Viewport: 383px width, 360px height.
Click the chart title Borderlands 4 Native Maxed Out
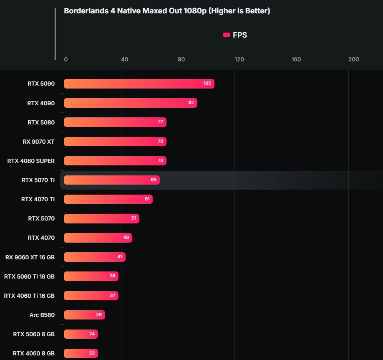pyautogui.click(x=167, y=11)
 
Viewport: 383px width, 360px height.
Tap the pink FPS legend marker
pyautogui.click(x=227, y=35)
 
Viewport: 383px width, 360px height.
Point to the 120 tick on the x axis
pyautogui.click(x=239, y=59)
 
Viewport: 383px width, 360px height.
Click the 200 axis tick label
pyautogui.click(x=353, y=59)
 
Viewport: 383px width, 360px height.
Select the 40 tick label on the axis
pyautogui.click(x=124, y=59)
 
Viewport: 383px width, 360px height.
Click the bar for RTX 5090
pyautogui.click(x=139, y=84)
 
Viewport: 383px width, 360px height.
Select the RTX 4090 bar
pyautogui.click(x=130, y=103)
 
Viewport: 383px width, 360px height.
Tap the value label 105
pyautogui.click(x=207, y=84)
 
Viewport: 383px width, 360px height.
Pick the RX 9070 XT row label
pyautogui.click(x=38, y=142)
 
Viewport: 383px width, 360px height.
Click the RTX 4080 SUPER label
pyautogui.click(x=31, y=161)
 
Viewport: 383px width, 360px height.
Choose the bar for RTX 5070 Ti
pyautogui.click(x=111, y=180)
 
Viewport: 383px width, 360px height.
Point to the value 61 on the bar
pyautogui.click(x=147, y=199)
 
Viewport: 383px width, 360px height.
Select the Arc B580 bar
pyautogui.click(x=84, y=315)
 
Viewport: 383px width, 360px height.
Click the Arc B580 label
pyautogui.click(x=42, y=315)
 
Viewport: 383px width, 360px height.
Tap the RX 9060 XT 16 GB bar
pyautogui.click(x=94, y=257)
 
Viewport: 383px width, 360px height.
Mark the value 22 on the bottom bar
pyautogui.click(x=92, y=353)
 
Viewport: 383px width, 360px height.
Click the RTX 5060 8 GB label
pyautogui.click(x=34, y=334)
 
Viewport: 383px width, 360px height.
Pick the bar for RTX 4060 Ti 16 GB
pyautogui.click(x=91, y=296)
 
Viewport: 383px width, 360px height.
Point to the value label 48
pyautogui.click(x=126, y=238)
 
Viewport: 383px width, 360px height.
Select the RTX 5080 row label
pyautogui.click(x=41, y=122)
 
